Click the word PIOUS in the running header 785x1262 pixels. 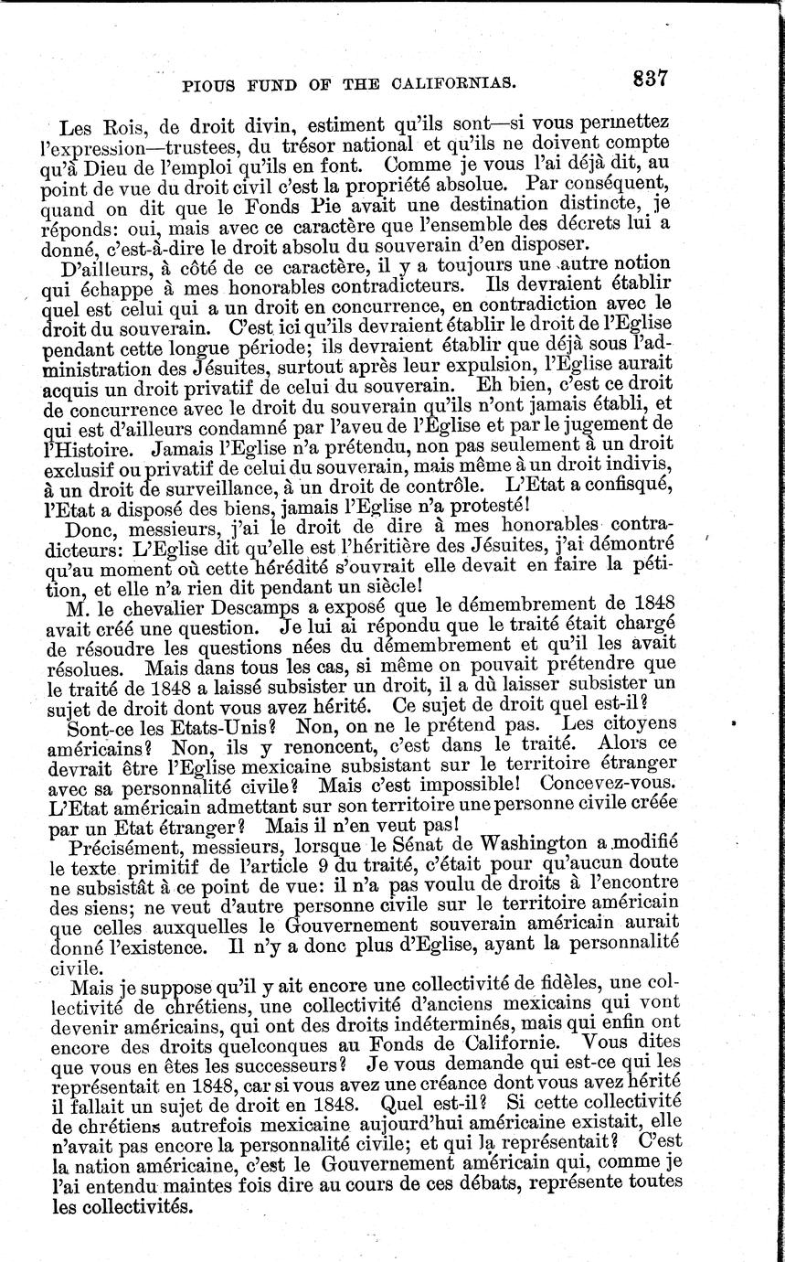[x=210, y=87]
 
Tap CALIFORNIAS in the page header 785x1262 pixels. [x=457, y=87]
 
